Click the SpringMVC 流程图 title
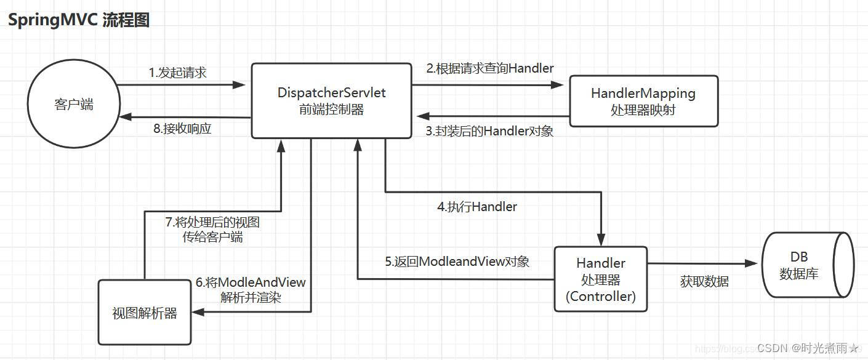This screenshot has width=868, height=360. (x=78, y=20)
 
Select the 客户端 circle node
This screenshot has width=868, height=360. (x=74, y=105)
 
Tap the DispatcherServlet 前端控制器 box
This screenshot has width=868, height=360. (x=331, y=101)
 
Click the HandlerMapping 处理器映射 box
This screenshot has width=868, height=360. (x=643, y=102)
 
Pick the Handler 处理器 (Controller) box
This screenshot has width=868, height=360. (x=601, y=280)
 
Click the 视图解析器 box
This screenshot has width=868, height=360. (x=145, y=313)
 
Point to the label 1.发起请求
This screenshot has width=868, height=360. (x=177, y=73)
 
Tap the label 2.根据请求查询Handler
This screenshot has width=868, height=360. (x=490, y=68)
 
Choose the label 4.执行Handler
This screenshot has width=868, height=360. (x=477, y=207)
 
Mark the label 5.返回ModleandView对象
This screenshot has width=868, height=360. (x=457, y=262)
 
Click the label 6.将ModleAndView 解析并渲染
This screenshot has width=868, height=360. (x=251, y=290)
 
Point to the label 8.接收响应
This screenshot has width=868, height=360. (x=182, y=129)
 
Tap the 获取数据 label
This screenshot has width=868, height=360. (x=704, y=281)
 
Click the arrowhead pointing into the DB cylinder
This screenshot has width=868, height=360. (x=751, y=263)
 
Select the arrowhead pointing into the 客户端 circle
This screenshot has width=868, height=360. (x=125, y=117)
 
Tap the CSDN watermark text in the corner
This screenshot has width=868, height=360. (x=807, y=348)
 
